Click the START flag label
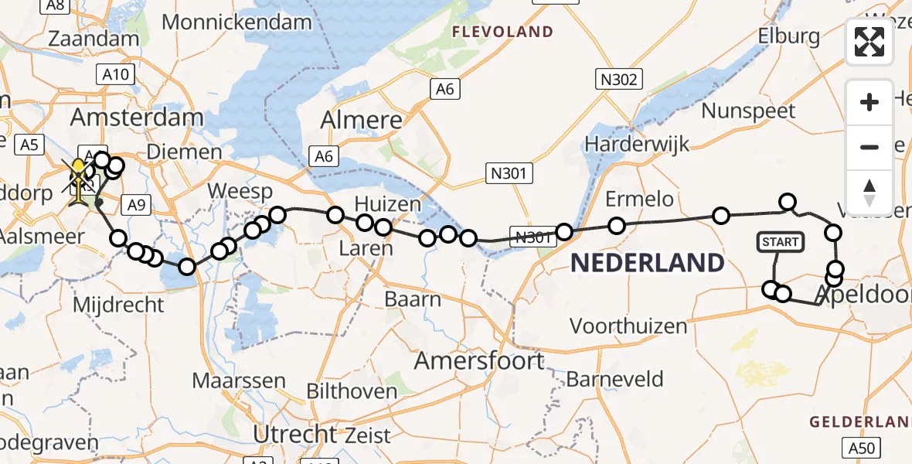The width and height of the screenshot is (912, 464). [781, 242]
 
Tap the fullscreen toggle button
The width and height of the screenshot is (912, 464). [869, 42]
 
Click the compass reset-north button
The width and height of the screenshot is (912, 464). [869, 192]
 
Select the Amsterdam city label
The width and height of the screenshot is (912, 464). [137, 118]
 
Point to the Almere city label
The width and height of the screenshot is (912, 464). [362, 120]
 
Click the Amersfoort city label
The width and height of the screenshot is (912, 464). [479, 360]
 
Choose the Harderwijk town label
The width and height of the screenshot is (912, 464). [637, 144]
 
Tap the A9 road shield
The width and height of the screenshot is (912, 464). [136, 204]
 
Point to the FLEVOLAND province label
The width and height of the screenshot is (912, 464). [503, 32]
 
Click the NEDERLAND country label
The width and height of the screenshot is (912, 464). [648, 263]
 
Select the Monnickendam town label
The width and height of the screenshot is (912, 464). [237, 22]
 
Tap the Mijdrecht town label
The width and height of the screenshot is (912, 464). [118, 305]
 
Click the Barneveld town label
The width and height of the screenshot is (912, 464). [615, 379]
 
